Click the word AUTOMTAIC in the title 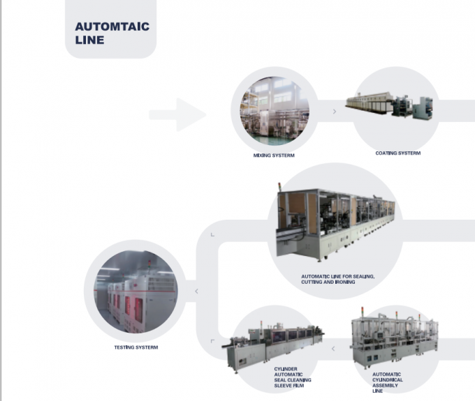[x=112, y=27]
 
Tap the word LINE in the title [x=89, y=40]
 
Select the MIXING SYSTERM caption [x=274, y=156]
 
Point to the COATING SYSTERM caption [x=397, y=153]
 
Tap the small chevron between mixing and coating [x=335, y=110]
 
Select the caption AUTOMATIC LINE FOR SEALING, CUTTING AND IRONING [x=337, y=280]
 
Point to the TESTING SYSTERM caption [x=136, y=346]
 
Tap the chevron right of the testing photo [x=196, y=291]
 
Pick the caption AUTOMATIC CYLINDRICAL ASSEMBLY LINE [x=387, y=384]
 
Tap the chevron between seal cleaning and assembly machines [x=332, y=347]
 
